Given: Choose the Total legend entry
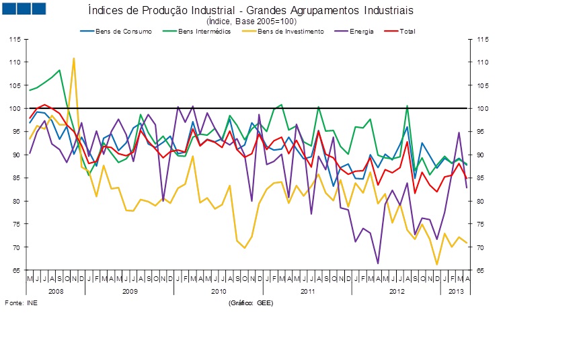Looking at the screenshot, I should (408, 32).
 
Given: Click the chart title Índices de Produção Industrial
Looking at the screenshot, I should (251, 11).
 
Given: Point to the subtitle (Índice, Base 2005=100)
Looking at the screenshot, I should (251, 22).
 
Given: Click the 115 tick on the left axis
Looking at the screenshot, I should (14, 39).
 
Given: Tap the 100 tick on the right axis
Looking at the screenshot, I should (481, 109).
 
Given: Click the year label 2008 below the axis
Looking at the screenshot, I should (56, 291).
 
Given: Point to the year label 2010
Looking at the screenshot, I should (219, 291).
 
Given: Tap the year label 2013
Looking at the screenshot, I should (456, 291).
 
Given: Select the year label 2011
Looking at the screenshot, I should (307, 291).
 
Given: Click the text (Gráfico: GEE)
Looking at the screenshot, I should (249, 304).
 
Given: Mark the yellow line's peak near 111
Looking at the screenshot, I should (74, 58).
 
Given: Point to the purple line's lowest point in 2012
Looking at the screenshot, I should (378, 263).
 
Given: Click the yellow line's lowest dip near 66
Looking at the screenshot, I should (437, 264).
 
